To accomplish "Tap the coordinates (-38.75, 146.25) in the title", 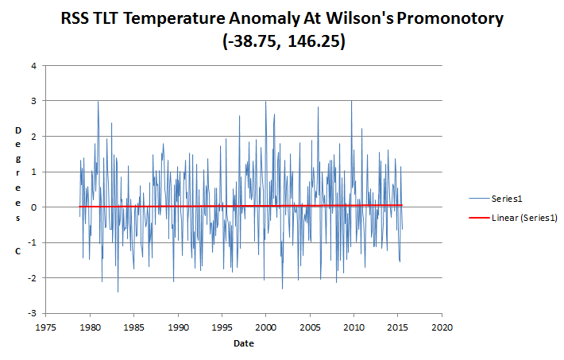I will [x=282, y=44].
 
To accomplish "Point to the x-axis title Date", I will [x=245, y=343].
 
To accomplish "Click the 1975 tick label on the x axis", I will [x=47, y=326].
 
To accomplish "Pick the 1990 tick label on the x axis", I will [x=179, y=326].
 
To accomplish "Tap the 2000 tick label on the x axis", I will [x=266, y=326].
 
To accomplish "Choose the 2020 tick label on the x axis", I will [x=442, y=326].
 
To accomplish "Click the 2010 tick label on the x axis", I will [x=354, y=326].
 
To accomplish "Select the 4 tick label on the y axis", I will [x=33, y=65].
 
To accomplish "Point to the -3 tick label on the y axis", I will [x=32, y=313].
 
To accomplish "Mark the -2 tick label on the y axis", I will [x=32, y=278].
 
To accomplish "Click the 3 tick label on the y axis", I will [x=33, y=101].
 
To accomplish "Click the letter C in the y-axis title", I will [x=17, y=251].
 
